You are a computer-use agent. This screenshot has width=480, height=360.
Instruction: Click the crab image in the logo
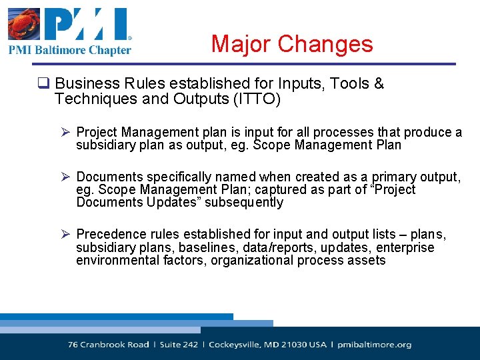pyautogui.click(x=24, y=24)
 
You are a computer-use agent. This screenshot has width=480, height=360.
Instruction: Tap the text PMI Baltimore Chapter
pyautogui.click(x=70, y=50)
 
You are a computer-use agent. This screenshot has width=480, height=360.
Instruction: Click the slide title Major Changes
pyautogui.click(x=292, y=44)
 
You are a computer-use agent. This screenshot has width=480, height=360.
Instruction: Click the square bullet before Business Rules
pyautogui.click(x=44, y=85)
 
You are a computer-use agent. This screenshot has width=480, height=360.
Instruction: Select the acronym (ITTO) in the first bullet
pyautogui.click(x=255, y=99)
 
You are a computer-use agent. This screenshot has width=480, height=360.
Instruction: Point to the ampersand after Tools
pyautogui.click(x=379, y=84)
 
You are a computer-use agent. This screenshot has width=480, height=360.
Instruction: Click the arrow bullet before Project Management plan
pyautogui.click(x=66, y=133)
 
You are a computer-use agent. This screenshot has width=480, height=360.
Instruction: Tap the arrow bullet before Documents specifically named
pyautogui.click(x=66, y=177)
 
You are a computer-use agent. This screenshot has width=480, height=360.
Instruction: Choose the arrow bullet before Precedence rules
pyautogui.click(x=66, y=235)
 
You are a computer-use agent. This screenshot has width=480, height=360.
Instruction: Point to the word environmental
pyautogui.click(x=117, y=261)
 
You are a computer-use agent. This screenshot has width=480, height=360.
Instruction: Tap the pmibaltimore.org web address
pyautogui.click(x=374, y=345)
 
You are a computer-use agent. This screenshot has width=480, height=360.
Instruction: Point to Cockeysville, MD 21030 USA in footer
pyautogui.click(x=267, y=345)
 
